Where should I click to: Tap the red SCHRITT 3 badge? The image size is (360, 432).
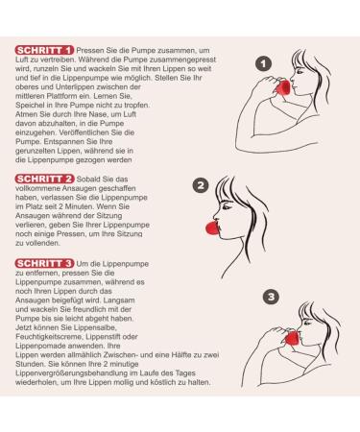45,262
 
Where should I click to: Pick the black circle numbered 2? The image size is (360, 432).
201,185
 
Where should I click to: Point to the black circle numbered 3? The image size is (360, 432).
272,298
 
